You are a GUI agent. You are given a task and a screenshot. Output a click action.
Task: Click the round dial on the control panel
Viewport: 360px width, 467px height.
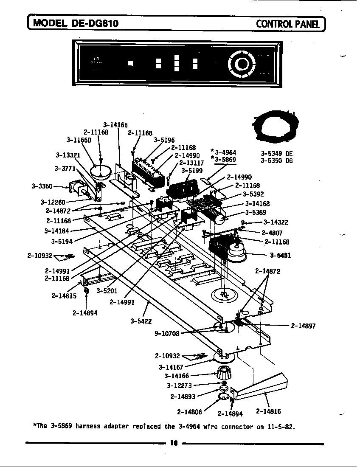click(242, 64)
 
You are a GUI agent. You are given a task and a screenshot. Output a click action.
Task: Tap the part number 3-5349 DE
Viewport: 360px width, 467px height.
click(276, 154)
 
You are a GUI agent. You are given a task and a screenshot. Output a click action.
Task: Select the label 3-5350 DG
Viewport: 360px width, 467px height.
click(276, 160)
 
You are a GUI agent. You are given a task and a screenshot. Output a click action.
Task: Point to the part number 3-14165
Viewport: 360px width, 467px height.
click(115, 125)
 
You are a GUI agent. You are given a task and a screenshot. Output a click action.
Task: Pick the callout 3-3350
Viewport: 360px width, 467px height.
click(42, 186)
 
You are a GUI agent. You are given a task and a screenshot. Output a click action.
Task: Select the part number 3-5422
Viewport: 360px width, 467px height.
click(141, 321)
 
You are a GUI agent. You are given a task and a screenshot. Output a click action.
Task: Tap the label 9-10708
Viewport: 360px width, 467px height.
click(167, 334)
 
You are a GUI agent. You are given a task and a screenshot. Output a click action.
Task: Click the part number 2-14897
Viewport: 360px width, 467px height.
click(303, 326)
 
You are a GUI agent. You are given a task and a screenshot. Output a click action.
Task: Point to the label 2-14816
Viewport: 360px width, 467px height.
click(268, 411)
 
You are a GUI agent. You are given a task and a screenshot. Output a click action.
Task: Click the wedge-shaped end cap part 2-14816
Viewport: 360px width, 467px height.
click(263, 385)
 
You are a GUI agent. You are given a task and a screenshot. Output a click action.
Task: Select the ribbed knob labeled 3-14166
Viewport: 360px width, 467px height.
click(223, 374)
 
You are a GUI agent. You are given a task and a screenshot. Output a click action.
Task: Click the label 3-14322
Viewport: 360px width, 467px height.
click(276, 222)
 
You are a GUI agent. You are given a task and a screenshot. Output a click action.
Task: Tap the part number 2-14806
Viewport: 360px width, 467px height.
click(189, 411)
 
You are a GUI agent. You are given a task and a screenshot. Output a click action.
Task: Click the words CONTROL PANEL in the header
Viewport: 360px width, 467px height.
click(287, 23)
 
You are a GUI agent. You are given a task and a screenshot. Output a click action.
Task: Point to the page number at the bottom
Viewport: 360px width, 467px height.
click(173, 444)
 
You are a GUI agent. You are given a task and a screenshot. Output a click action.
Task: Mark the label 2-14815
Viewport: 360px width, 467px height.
click(64, 296)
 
